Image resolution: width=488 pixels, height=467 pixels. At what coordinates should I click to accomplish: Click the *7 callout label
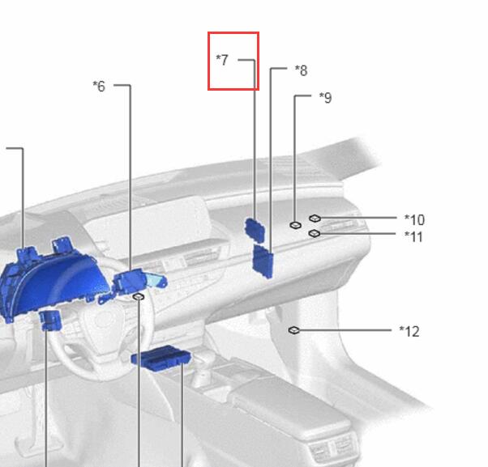click(222, 60)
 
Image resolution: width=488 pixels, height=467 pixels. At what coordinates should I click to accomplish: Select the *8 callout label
click(302, 70)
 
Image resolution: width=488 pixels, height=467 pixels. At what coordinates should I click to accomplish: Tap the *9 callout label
click(326, 98)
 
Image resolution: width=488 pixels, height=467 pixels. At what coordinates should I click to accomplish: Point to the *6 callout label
click(99, 86)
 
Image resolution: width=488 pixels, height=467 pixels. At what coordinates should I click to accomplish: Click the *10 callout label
click(414, 219)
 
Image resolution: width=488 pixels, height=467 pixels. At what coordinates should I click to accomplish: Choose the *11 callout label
click(413, 237)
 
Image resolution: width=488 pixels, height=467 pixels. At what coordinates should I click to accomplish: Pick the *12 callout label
click(409, 332)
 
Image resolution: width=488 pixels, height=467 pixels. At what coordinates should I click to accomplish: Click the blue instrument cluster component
click(53, 280)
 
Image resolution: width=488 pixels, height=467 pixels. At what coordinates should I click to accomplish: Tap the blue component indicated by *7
click(255, 230)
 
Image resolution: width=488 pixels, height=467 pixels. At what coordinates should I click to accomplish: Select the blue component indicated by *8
click(263, 261)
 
